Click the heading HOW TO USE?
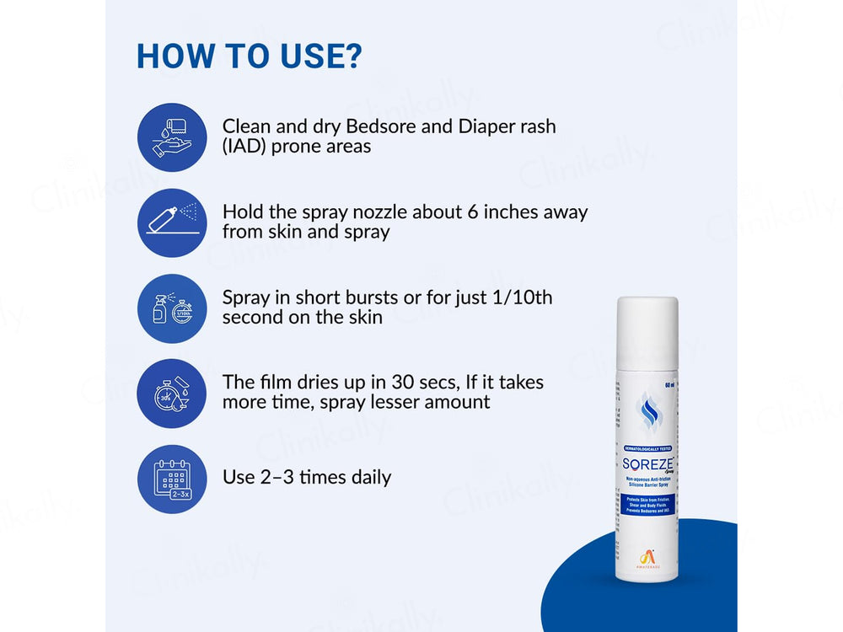tap(250, 56)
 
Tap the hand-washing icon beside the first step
tap(172, 137)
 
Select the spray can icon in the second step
tap(172, 222)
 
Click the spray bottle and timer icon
tap(172, 308)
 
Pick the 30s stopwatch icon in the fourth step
tap(172, 394)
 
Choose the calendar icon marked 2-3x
tap(172, 479)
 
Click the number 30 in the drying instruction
tap(416, 382)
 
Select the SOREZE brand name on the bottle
tap(644, 465)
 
